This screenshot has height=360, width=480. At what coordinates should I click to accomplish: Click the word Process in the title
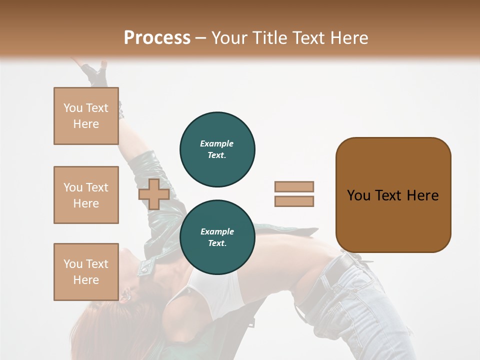pyautogui.click(x=157, y=38)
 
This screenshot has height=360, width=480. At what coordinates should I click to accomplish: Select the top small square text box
pyautogui.click(x=86, y=116)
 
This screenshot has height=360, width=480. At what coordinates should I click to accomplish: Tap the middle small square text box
pyautogui.click(x=86, y=195)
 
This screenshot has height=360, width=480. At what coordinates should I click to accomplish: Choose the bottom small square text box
pyautogui.click(x=86, y=272)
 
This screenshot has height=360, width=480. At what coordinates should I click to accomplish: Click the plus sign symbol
pyautogui.click(x=154, y=194)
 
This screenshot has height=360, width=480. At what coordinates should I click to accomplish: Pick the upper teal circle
pyautogui.click(x=217, y=149)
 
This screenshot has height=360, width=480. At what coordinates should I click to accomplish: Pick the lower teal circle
pyautogui.click(x=217, y=237)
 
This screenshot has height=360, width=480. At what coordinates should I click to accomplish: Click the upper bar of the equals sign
pyautogui.click(x=294, y=186)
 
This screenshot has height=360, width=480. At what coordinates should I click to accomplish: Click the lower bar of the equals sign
pyautogui.click(x=294, y=201)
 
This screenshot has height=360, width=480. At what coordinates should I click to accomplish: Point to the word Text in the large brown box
pyautogui.click(x=389, y=195)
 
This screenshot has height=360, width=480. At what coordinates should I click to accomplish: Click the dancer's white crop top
pyautogui.click(x=210, y=290)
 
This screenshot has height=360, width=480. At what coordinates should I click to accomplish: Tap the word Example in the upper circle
pyautogui.click(x=216, y=144)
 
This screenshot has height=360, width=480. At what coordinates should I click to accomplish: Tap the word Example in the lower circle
pyautogui.click(x=217, y=232)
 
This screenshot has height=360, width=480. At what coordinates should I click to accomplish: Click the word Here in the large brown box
pyautogui.click(x=422, y=195)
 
